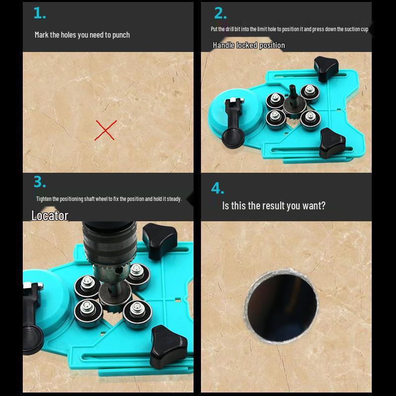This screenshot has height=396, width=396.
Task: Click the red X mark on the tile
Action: click(105, 130)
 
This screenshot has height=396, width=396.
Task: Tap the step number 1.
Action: click(40, 14)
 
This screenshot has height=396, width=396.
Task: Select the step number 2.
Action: click(220, 13)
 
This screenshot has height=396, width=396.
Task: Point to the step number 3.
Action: click(40, 182)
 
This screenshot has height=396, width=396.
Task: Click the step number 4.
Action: click(218, 189)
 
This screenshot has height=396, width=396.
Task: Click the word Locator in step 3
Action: click(49, 215)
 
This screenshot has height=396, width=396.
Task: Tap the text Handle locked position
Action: click(248, 45)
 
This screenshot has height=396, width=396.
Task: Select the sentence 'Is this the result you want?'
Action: click(274, 205)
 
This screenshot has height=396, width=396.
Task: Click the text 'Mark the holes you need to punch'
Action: click(82, 35)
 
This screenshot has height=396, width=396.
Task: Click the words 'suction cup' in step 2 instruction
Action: click(356, 29)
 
